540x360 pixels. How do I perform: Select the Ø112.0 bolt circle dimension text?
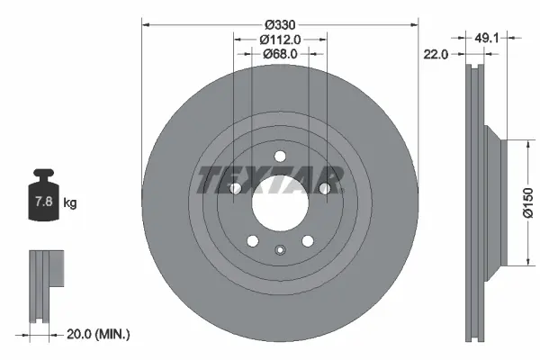coord(279,39)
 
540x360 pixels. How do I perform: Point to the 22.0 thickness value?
coord(435,55)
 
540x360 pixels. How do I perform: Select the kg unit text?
coord(69,203)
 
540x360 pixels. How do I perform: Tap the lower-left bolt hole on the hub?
coord(252,240)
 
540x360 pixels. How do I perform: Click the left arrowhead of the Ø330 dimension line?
coord(145,24)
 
